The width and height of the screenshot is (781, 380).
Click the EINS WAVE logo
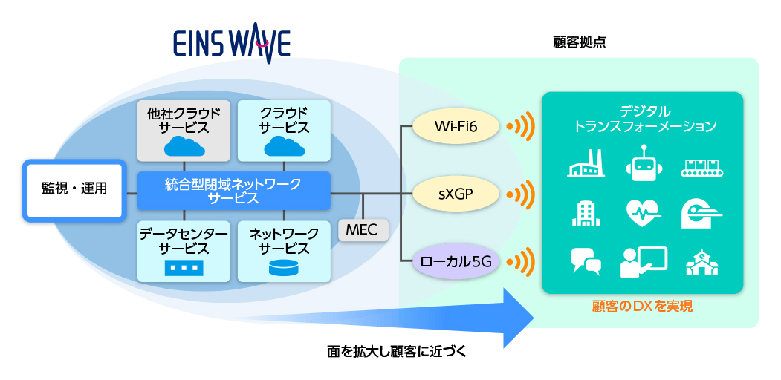[x=232, y=44]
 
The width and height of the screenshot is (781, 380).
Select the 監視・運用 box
[x=74, y=189]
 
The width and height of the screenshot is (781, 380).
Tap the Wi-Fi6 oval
[x=456, y=126]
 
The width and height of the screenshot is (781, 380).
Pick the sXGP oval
[x=456, y=194]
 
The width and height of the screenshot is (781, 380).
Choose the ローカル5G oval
[x=456, y=260]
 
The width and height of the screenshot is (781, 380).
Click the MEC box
[x=363, y=230]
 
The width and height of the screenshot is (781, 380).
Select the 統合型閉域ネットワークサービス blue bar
[x=233, y=191]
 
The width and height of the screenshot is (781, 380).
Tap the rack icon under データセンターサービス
[x=184, y=268]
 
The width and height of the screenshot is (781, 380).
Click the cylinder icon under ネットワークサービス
[x=285, y=268]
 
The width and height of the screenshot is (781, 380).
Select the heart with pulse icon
[x=644, y=214]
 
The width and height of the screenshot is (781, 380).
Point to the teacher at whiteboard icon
[x=644, y=262]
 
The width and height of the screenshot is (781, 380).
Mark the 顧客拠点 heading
[x=580, y=42]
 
